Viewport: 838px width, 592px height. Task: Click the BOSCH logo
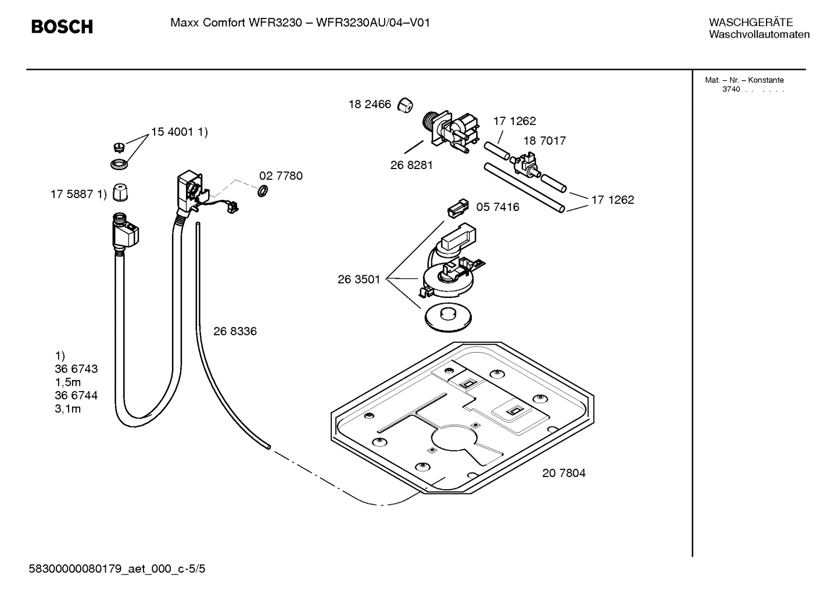click(62, 27)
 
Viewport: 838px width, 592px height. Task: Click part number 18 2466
click(370, 105)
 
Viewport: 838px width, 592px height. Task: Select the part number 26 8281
click(411, 165)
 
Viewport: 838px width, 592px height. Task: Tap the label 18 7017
click(544, 141)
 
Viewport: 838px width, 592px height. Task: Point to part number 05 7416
click(497, 207)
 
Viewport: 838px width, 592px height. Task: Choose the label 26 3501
click(359, 279)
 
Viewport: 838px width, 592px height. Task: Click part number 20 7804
click(564, 473)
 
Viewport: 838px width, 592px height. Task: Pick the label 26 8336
click(235, 331)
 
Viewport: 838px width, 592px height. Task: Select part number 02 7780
click(281, 176)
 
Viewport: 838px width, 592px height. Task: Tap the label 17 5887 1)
click(78, 194)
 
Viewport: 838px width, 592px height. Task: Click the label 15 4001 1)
click(179, 132)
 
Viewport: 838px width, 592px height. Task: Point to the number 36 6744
click(76, 395)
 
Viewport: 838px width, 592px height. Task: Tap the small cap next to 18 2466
click(405, 105)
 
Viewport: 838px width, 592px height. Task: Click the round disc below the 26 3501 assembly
click(447, 317)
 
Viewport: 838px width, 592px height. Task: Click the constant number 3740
click(730, 89)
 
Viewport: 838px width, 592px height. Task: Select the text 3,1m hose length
click(68, 408)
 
